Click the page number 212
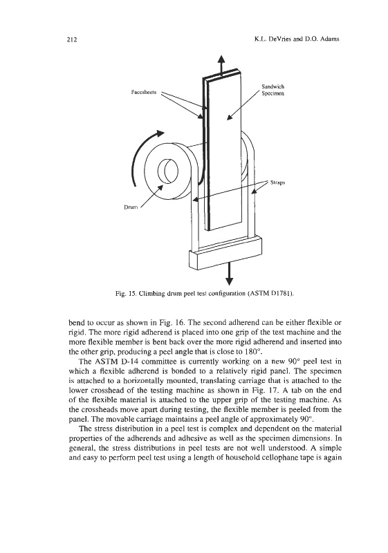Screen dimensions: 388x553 click(x=72, y=39)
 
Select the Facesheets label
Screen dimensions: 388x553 click(x=143, y=92)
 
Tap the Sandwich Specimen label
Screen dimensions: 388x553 click(x=272, y=90)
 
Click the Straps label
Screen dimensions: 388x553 click(x=277, y=182)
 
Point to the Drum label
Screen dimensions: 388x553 click(x=131, y=207)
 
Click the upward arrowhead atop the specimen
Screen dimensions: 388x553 click(x=221, y=59)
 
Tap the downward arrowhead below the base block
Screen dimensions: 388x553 click(x=230, y=281)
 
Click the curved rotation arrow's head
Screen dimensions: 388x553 click(x=160, y=133)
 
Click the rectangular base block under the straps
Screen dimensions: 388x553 click(x=226, y=252)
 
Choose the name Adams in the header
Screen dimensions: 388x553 click(x=330, y=39)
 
